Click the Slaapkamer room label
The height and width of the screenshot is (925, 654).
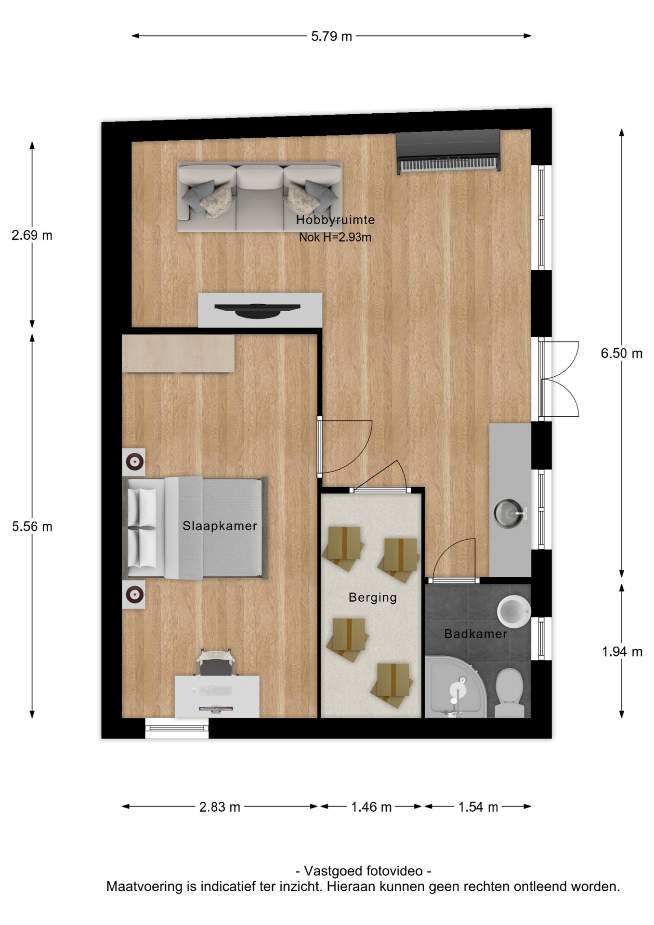[220, 526]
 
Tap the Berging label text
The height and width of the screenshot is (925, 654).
[373, 598]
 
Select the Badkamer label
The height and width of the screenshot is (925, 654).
[476, 634]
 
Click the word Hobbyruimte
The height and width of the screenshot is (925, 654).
[335, 220]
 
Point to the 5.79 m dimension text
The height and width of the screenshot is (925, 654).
[331, 36]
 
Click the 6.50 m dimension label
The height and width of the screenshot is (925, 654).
[621, 353]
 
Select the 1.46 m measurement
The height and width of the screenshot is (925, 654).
[371, 806]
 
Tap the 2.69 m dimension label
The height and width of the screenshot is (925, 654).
[32, 235]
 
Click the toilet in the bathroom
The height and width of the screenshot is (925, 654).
[510, 692]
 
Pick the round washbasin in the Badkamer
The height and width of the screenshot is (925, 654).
[513, 611]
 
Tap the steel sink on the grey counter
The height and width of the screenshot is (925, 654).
[509, 513]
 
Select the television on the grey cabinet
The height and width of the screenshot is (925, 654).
[258, 310]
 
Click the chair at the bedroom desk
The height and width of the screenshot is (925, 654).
[216, 662]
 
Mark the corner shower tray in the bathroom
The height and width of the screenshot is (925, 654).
[456, 687]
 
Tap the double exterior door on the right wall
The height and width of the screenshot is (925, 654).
[559, 379]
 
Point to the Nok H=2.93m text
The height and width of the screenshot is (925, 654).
[335, 237]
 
